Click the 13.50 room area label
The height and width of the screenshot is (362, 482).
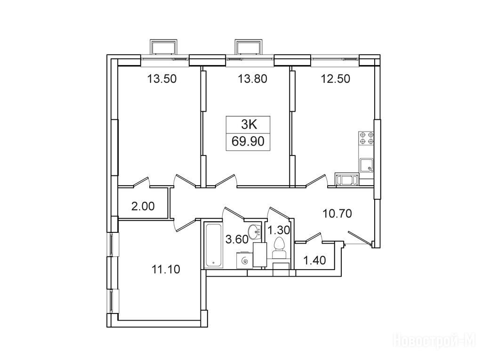(162, 79)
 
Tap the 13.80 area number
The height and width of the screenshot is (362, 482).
(252, 79)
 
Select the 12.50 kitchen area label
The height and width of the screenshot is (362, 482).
(335, 79)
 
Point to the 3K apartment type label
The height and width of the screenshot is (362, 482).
(249, 124)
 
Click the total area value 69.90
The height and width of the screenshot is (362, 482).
(248, 142)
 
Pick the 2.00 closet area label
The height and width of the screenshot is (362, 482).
(143, 206)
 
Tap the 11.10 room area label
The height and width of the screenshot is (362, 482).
(166, 269)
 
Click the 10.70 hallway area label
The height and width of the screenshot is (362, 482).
(337, 213)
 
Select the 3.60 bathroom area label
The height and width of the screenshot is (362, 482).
(237, 239)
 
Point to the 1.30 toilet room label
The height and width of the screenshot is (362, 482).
(279, 230)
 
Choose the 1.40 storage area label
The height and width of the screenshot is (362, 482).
(314, 260)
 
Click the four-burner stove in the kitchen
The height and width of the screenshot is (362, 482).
(366, 139)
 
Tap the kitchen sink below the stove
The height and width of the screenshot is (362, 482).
(366, 165)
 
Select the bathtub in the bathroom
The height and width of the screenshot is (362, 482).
(213, 245)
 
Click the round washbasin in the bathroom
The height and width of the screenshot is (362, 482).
(255, 231)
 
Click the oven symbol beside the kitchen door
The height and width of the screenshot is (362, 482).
(347, 180)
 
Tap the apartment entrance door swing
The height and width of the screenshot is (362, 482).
(360, 238)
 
